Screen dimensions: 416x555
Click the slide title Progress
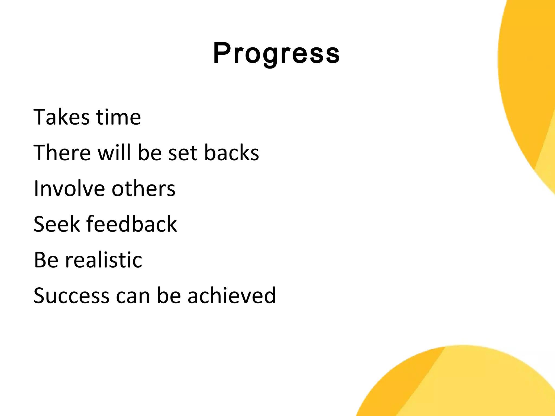[x=276, y=53]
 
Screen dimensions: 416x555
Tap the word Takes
[x=61, y=117]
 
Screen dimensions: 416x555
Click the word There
[x=62, y=153]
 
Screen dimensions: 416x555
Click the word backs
[x=231, y=153]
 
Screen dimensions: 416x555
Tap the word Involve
[x=69, y=188]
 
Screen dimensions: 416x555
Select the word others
[x=143, y=188]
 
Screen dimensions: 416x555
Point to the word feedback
[x=132, y=224]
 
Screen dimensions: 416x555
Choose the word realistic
[x=104, y=260]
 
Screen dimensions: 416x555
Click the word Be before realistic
[x=46, y=260]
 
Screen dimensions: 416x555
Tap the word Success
[x=71, y=296]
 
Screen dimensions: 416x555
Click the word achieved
[x=231, y=296]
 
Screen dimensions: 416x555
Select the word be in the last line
[x=169, y=296]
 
